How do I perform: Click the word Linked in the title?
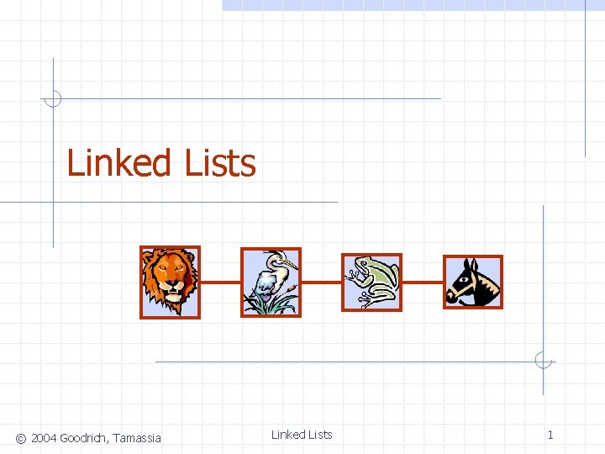(x=118, y=162)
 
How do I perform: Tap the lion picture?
(x=170, y=282)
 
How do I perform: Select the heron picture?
(x=271, y=282)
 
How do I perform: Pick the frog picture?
(x=371, y=282)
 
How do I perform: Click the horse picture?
(x=472, y=282)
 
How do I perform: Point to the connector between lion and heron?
(x=220, y=282)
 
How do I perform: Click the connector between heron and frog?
(x=321, y=282)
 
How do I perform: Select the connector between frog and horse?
(x=423, y=282)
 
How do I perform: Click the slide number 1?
(x=550, y=435)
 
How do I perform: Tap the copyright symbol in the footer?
(x=21, y=438)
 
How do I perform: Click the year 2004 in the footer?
(x=44, y=438)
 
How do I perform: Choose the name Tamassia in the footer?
(x=137, y=438)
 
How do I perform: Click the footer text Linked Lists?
(x=302, y=435)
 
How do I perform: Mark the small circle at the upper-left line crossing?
(x=53, y=98)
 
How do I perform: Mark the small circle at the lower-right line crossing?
(x=544, y=362)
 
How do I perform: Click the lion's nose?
(x=171, y=285)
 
